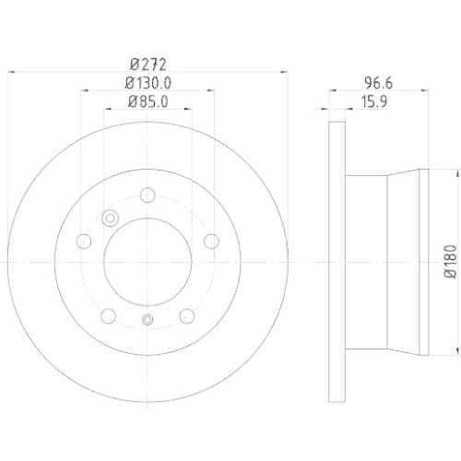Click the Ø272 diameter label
point(148,65)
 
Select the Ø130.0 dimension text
point(148,83)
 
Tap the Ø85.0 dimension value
point(148,101)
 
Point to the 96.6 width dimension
point(378,83)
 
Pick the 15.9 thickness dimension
point(373,101)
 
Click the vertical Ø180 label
point(451,262)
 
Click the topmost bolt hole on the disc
point(148,195)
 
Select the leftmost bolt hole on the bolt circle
point(83,242)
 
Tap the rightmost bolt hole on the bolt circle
point(212,241)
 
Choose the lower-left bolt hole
point(108,316)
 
